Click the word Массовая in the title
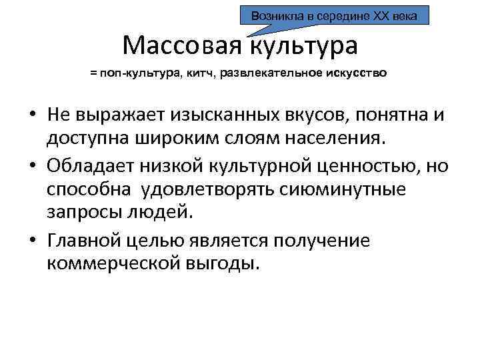point(183,45)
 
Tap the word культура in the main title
point(304,45)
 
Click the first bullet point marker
point(33,115)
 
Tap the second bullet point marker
point(33,165)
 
